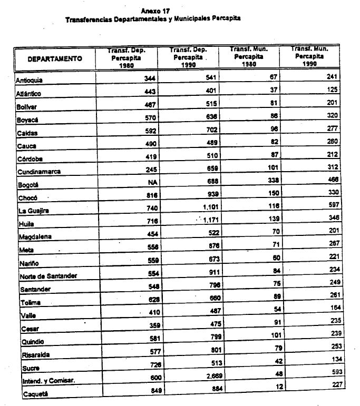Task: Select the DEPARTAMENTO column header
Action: [x=55, y=58]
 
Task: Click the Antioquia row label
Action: [x=30, y=80]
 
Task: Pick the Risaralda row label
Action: [x=33, y=355]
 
